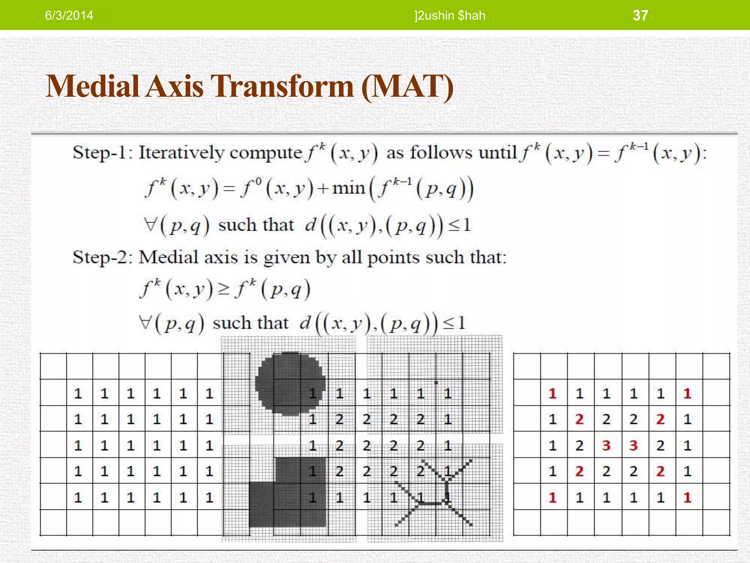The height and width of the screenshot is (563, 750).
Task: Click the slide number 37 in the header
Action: tap(640, 15)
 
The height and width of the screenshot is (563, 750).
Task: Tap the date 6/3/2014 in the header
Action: tap(69, 15)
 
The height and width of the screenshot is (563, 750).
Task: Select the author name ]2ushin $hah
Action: tap(450, 15)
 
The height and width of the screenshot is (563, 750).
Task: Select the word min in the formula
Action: tap(349, 188)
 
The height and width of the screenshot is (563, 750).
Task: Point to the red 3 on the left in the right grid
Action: tap(606, 445)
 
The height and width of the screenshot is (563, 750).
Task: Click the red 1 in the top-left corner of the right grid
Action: tap(553, 394)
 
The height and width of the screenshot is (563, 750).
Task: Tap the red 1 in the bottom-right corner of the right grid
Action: tap(687, 497)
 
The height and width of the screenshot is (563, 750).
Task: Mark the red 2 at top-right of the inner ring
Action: tap(660, 419)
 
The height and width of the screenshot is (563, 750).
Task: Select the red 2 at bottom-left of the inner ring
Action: tap(579, 471)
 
